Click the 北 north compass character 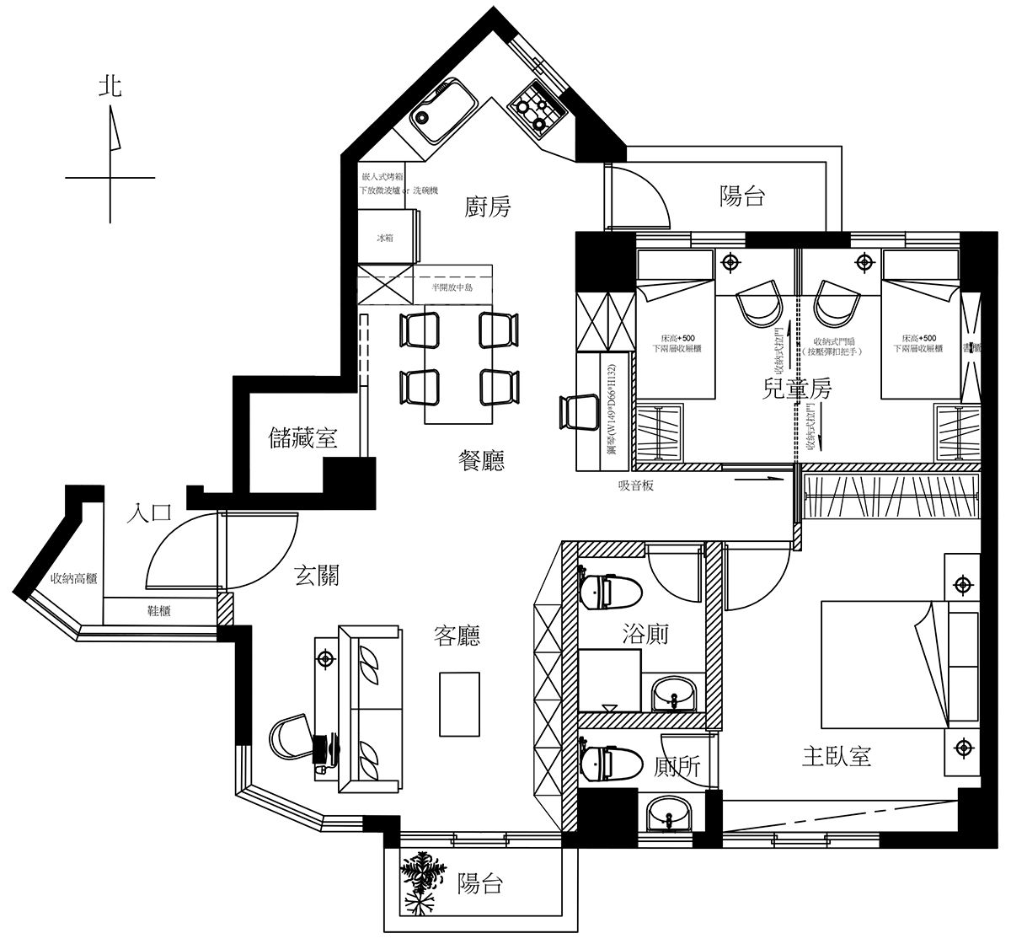pos(110,86)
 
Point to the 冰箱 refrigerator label pos(384,239)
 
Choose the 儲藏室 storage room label pos(302,437)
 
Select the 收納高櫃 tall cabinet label pos(74,579)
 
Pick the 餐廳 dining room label pos(481,460)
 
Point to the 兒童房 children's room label pos(796,389)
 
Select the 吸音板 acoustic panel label pos(636,486)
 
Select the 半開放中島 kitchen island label pos(451,287)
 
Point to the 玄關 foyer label pos(317,575)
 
